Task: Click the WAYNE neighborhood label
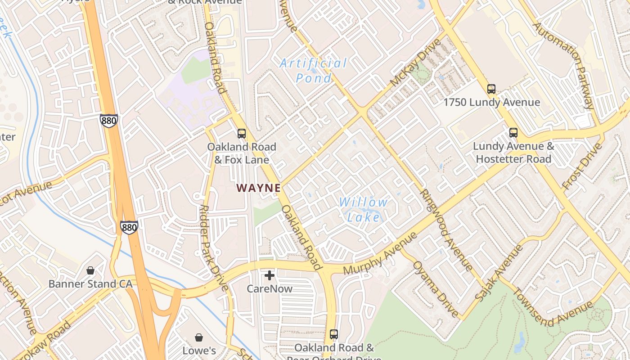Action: coord(259,188)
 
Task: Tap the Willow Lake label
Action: coord(363,210)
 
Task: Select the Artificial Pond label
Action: coord(314,70)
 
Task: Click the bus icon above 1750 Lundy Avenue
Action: coord(491,89)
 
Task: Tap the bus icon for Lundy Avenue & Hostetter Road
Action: coord(513,133)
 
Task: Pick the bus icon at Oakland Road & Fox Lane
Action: coord(242,134)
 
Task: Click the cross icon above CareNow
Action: coord(270,275)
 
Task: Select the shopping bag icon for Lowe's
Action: coord(199,337)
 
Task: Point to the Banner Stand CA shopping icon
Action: coord(90,270)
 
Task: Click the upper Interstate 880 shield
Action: coord(109,121)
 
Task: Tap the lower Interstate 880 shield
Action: coord(129,227)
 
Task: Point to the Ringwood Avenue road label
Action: coord(446,230)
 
